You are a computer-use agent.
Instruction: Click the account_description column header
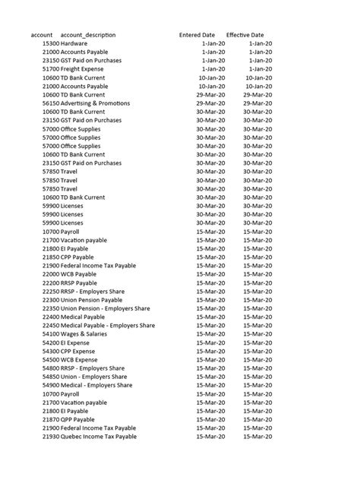[87, 36]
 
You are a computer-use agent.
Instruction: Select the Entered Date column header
[197, 36]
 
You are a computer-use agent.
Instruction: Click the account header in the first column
[42, 36]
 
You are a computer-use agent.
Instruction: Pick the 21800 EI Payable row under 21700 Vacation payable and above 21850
[66, 248]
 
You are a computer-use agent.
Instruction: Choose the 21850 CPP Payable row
[68, 257]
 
